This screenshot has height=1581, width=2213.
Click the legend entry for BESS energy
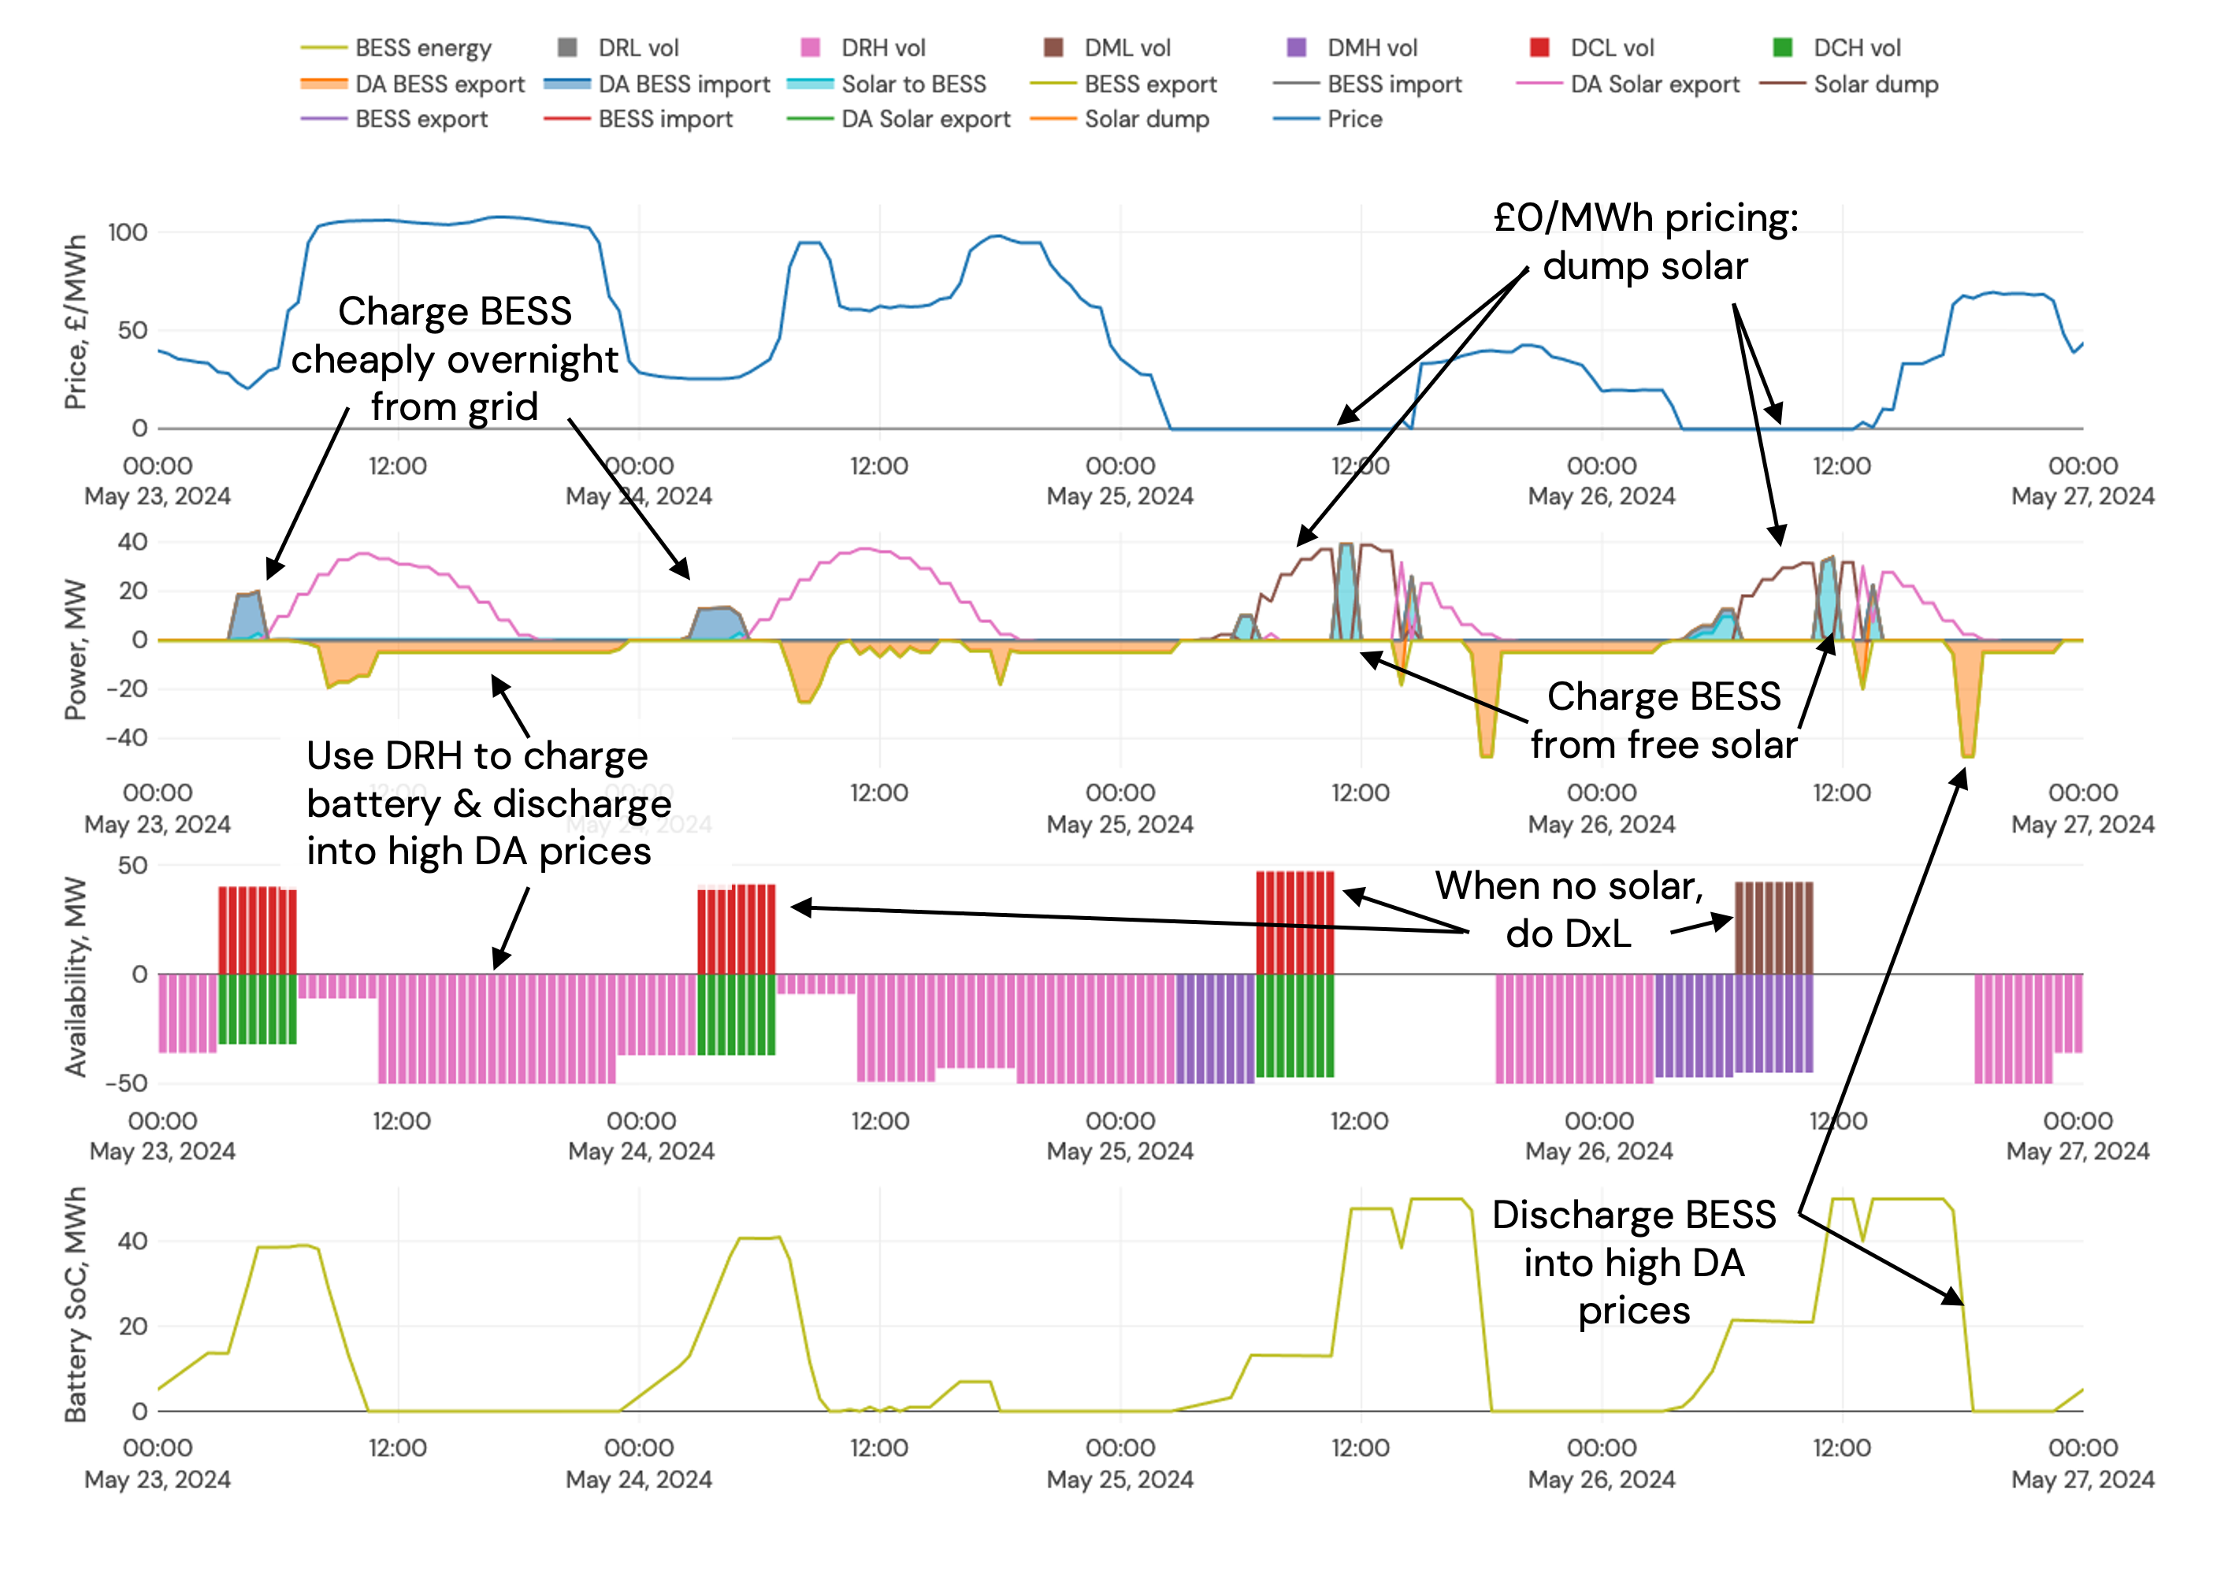(x=421, y=48)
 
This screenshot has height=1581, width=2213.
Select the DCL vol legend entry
(x=1611, y=48)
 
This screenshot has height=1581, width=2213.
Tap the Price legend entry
(x=1353, y=119)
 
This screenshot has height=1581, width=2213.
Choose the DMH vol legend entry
(x=1371, y=48)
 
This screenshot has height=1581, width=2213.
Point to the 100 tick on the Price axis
(x=128, y=232)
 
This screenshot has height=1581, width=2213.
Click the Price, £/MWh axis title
(x=75, y=322)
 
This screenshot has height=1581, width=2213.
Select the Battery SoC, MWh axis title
(x=75, y=1305)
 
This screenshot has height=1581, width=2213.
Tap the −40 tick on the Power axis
(x=128, y=737)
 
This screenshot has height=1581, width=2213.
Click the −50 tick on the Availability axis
(x=128, y=1082)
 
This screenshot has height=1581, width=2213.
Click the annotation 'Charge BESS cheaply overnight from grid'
(x=454, y=358)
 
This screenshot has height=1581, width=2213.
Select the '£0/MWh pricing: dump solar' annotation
(x=1646, y=241)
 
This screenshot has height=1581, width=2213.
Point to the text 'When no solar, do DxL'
(x=1569, y=909)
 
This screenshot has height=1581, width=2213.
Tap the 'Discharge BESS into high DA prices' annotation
(x=1634, y=1262)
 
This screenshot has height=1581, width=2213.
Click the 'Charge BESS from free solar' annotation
(x=1663, y=721)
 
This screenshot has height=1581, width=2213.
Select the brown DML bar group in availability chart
(x=1773, y=927)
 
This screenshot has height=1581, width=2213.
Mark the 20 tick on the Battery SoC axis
(x=132, y=1326)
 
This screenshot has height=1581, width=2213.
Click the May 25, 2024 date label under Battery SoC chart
(x=1119, y=1479)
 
